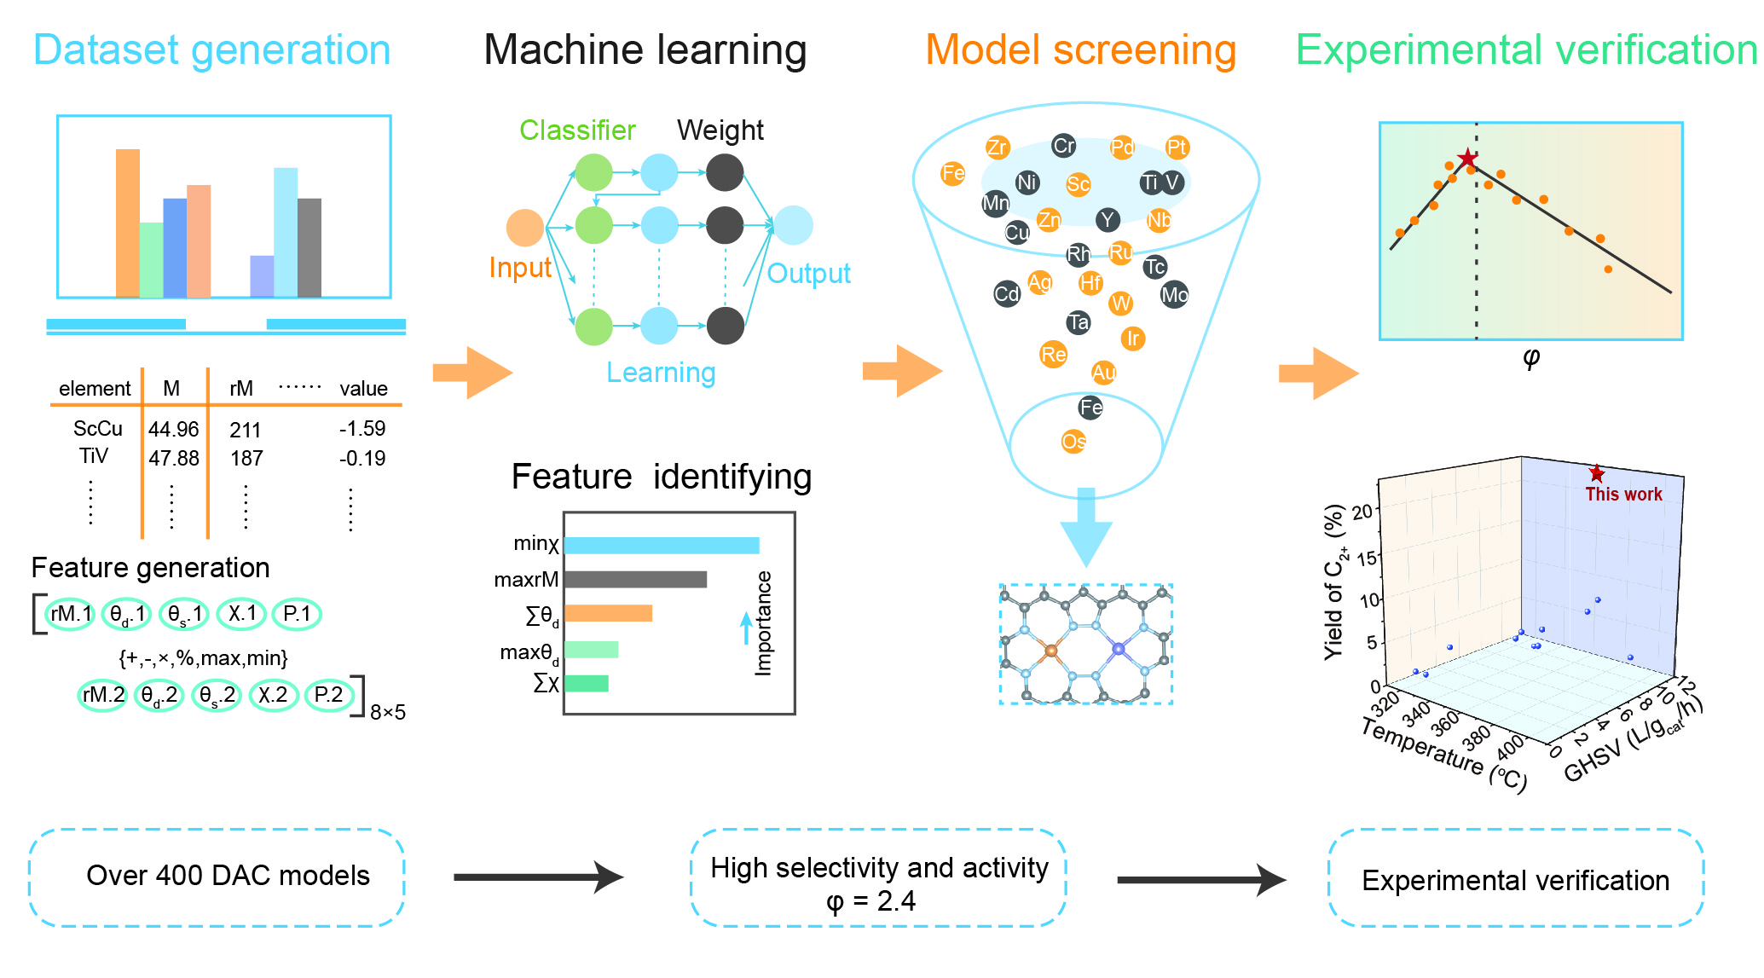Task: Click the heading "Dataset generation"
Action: tap(211, 50)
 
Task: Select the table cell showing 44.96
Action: tap(173, 429)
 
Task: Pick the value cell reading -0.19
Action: tap(362, 459)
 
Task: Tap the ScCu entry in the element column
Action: tap(97, 428)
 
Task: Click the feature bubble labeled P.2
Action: tap(328, 696)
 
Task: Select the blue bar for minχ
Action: tap(661, 545)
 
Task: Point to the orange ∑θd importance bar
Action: tap(608, 613)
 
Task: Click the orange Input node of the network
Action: tap(524, 228)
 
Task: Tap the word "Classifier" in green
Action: tap(577, 130)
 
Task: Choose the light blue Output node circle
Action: tap(793, 225)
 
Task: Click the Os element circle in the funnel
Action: tap(1073, 441)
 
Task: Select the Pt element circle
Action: tap(1177, 148)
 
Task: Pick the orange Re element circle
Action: tap(1053, 354)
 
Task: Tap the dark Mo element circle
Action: tap(1174, 295)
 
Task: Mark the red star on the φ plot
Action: tap(1466, 159)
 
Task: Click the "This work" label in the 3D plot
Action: tap(1623, 495)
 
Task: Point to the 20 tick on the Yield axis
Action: tap(1362, 512)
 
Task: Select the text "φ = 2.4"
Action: tap(870, 901)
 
